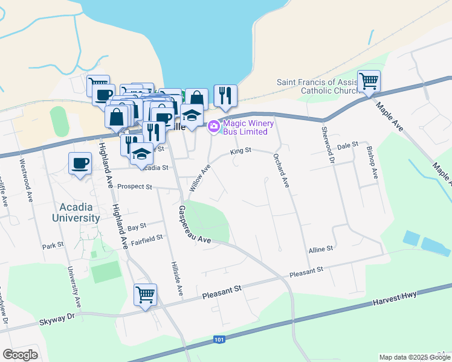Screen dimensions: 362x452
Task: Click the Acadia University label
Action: point(76,212)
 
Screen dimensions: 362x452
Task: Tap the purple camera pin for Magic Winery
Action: point(213,126)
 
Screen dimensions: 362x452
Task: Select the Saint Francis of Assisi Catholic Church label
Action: point(318,87)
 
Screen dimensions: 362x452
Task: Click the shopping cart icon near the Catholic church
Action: point(368,81)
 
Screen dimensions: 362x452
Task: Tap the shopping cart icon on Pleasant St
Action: point(146,295)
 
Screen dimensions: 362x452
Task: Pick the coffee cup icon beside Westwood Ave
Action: point(80,163)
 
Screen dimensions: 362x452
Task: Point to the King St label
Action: point(240,151)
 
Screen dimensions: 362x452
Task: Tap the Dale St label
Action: point(347,145)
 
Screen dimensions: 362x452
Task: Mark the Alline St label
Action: point(321,249)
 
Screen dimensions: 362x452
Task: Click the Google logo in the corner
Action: point(20,355)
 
